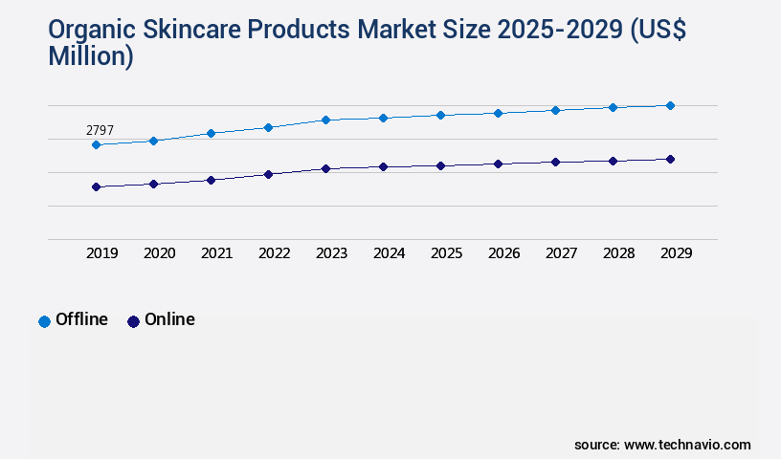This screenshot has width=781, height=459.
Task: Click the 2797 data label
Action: (x=100, y=130)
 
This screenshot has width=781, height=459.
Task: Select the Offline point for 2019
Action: (x=96, y=145)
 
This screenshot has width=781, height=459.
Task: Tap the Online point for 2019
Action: (x=96, y=187)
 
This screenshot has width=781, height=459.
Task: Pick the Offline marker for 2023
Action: (x=325, y=120)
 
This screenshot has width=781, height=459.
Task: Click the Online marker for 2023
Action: (x=325, y=169)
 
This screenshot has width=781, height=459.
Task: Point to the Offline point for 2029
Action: (x=670, y=105)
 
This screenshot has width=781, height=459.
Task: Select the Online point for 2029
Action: (x=670, y=160)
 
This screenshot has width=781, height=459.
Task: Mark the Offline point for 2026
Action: (x=498, y=113)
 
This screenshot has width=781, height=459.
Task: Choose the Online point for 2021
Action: (x=211, y=180)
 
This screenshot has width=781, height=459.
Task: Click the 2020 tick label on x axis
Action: (x=159, y=253)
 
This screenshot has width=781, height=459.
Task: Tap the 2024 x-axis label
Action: (x=389, y=253)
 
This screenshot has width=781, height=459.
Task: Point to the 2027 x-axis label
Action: (x=561, y=253)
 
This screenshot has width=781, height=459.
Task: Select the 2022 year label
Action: (x=274, y=253)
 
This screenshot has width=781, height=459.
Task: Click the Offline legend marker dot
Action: (x=44, y=321)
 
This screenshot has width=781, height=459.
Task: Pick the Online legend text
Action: (x=169, y=320)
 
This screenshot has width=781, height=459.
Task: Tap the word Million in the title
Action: (x=90, y=57)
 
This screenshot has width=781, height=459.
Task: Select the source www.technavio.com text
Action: (x=662, y=445)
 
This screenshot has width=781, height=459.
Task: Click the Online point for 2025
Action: (x=440, y=165)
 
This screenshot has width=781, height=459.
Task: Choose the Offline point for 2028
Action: (x=613, y=107)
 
